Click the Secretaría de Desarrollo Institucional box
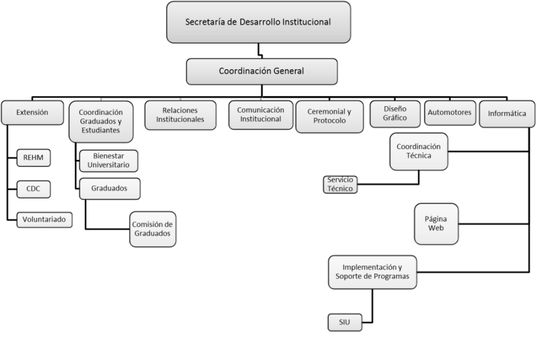pos(258,23)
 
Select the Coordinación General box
pos(261,72)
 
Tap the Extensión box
pos(32,112)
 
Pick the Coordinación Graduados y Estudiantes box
pos(101,121)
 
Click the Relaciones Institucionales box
pos(180,114)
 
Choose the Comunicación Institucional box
pos(261,114)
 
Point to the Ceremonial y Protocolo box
pos(329,116)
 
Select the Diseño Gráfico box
pos(395,113)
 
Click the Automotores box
pos(450,113)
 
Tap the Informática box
pos(507,114)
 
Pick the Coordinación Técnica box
pos(419,151)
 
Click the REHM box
pos(33,157)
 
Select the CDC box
pos(33,189)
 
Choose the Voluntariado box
pos(45,220)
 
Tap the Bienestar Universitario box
pos(109,160)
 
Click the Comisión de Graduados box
pos(152,229)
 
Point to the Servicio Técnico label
pos(340,185)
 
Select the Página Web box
pos(437,224)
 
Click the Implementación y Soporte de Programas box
pos(372,272)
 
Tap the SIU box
pos(345,322)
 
